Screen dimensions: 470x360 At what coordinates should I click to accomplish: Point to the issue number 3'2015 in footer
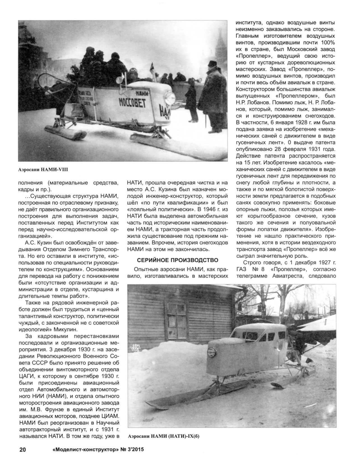pos(133,457)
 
